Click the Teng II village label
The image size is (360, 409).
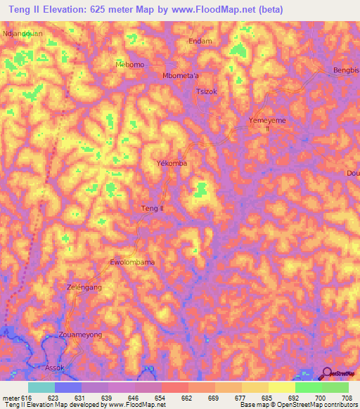pos(153,209)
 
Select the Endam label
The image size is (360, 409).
pos(200,41)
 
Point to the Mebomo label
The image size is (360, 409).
pos(129,65)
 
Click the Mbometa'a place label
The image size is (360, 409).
pos(181,76)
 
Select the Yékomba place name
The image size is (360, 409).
pos(171,163)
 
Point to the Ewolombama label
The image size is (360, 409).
pos(132,262)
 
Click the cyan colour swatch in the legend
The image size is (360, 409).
pos(41,387)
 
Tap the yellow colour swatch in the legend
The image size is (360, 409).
pos(281,387)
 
